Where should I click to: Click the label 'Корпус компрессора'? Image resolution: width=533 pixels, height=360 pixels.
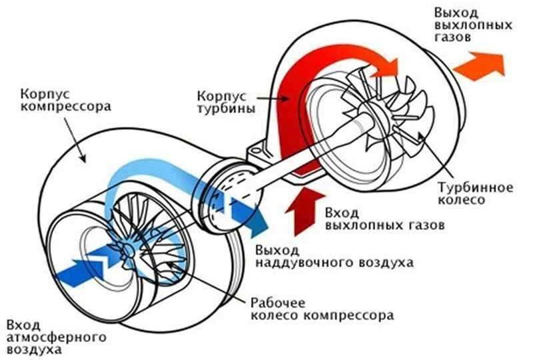65,100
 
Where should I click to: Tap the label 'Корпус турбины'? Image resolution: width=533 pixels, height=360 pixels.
226,103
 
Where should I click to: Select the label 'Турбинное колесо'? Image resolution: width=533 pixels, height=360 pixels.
475,193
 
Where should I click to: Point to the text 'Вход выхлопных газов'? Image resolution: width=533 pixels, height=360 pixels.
384,219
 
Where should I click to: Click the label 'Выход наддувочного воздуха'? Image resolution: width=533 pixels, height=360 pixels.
335,257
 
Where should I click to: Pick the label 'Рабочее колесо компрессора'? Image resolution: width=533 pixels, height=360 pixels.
322,309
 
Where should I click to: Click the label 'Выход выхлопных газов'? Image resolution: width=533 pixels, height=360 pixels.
473,25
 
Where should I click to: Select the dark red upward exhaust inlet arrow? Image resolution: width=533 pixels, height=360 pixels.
305,211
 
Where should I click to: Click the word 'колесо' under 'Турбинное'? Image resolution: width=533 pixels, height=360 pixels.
461,200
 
